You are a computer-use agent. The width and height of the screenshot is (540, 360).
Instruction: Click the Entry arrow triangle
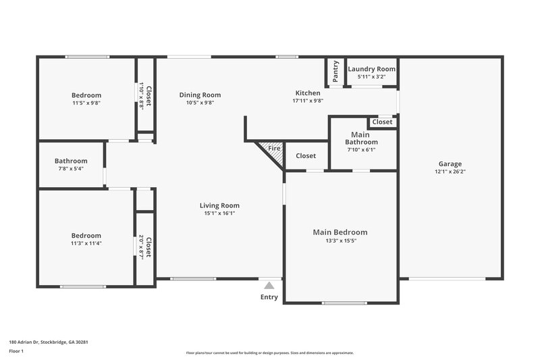pyautogui.click(x=269, y=285)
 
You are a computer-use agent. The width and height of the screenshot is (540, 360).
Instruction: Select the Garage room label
pyautogui.click(x=450, y=163)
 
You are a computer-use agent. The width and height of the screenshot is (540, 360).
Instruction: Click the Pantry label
pyautogui.click(x=335, y=72)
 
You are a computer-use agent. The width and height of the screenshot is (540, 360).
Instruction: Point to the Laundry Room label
pyautogui.click(x=371, y=69)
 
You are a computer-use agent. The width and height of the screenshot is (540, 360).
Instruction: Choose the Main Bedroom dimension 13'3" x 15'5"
pyautogui.click(x=340, y=240)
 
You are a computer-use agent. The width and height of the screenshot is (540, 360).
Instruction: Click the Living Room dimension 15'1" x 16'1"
pyautogui.click(x=219, y=213)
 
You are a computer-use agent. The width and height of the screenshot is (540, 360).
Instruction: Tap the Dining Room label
pyautogui.click(x=200, y=95)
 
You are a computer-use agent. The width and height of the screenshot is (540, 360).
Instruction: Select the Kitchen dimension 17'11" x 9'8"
pyautogui.click(x=307, y=101)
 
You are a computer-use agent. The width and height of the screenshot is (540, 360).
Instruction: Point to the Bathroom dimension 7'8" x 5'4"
pyautogui.click(x=71, y=169)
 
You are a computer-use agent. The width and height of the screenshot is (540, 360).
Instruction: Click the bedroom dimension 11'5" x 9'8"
pyautogui.click(x=86, y=103)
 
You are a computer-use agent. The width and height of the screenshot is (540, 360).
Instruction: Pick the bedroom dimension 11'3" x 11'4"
pyautogui.click(x=86, y=243)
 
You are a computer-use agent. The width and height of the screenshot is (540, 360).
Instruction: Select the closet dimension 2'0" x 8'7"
pyautogui.click(x=142, y=248)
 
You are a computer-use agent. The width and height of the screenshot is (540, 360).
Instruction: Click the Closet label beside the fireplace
pyautogui.click(x=306, y=156)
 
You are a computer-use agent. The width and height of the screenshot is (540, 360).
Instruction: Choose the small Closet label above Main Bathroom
pyautogui.click(x=382, y=122)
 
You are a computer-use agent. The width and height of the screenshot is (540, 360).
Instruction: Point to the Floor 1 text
pyautogui.click(x=17, y=351)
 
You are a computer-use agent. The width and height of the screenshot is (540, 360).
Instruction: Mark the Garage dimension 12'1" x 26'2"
pyautogui.click(x=450, y=172)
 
